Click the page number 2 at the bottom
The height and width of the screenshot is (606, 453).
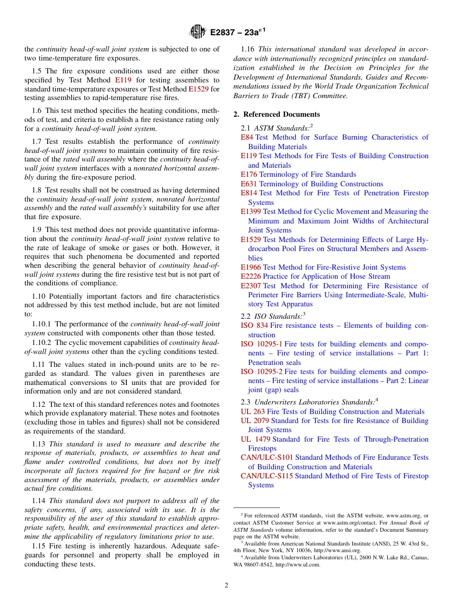pyautogui.click(x=226, y=585)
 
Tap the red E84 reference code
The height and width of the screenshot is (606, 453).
pyautogui.click(x=247, y=137)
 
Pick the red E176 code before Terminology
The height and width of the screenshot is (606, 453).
pyautogui.click(x=248, y=174)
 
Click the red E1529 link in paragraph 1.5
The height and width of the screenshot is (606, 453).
pyautogui.click(x=198, y=89)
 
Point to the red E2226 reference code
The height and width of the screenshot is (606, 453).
pyautogui.click(x=250, y=276)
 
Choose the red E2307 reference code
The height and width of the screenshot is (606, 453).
pyautogui.click(x=250, y=286)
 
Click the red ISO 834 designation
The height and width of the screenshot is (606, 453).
pyautogui.click(x=254, y=325)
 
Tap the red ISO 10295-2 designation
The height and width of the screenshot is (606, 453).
pyautogui.click(x=261, y=372)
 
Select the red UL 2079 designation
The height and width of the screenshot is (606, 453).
pyautogui.click(x=255, y=421)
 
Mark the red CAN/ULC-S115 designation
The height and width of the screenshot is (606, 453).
pyautogui.click(x=267, y=476)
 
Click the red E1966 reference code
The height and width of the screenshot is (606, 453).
pyautogui.click(x=250, y=267)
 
